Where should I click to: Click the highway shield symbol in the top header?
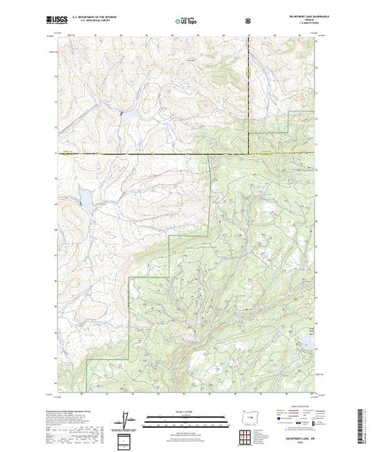click(x=248, y=20)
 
